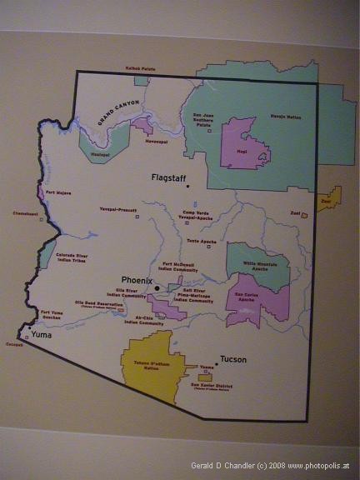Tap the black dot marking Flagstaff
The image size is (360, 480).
click(x=189, y=186)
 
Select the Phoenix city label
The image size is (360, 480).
click(x=137, y=281)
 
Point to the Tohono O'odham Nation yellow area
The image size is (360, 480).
click(x=152, y=367)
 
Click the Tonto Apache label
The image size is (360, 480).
click(x=202, y=241)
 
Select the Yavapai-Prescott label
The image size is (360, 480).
click(x=118, y=209)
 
